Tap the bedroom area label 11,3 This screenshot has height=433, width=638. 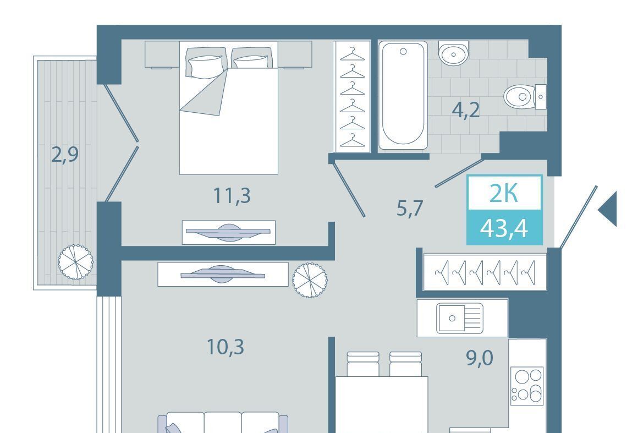[232, 196]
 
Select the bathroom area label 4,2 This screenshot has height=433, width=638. [466, 110]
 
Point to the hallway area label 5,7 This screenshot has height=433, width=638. [410, 209]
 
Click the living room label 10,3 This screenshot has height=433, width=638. [226, 347]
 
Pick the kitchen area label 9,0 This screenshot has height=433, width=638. [480, 358]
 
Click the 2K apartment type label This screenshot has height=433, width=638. [504, 194]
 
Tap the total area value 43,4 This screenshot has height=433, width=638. [504, 228]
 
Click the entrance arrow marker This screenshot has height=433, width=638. [608, 209]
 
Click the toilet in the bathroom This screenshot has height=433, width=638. [525, 97]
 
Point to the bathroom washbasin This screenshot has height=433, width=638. [453, 53]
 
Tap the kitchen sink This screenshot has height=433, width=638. [460, 318]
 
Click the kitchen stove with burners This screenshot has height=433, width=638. [528, 386]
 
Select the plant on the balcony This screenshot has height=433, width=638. [76, 262]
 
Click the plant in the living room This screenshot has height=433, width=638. [310, 280]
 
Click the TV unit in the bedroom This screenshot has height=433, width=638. [229, 232]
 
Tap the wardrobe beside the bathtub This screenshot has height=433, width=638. [351, 96]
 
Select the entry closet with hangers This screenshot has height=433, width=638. [485, 271]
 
